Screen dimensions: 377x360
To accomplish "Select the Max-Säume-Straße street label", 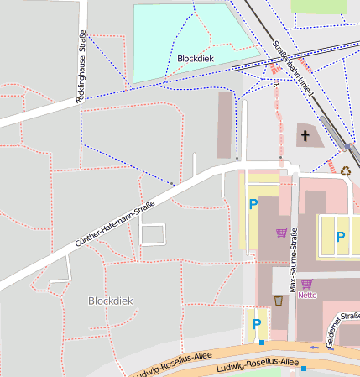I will tap(294, 264).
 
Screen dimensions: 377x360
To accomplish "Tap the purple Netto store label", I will tap(307, 295).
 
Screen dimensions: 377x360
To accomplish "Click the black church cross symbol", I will tap(305, 134).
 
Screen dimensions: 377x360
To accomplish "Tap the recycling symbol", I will tap(346, 170).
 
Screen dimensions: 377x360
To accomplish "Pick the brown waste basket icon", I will tap(278, 300).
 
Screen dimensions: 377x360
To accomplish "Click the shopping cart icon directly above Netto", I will tap(306, 284).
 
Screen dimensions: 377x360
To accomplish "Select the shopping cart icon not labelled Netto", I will tap(281, 233).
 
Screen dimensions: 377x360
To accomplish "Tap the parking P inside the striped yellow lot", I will tap(340, 237).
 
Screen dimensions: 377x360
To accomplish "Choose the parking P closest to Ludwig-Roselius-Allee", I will tap(257, 323).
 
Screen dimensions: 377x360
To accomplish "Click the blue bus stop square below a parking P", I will tap(262, 342).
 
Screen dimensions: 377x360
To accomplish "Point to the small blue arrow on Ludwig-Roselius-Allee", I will tap(314, 346).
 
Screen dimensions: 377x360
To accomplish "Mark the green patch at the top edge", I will tap(318, 6).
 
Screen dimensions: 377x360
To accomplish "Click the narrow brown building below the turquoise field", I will tap(224, 124).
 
